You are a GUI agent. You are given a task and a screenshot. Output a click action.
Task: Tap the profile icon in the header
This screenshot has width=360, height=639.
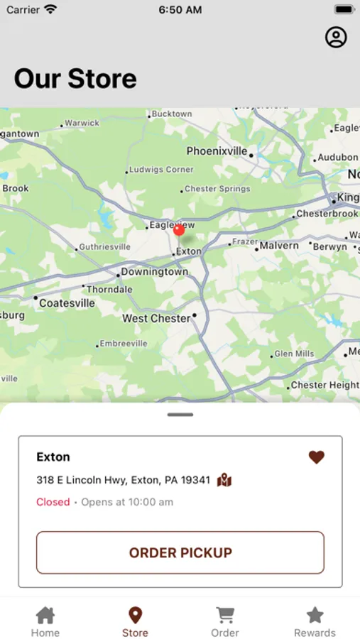point(336,38)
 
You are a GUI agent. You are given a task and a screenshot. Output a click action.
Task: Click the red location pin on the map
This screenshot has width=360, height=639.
point(179,229)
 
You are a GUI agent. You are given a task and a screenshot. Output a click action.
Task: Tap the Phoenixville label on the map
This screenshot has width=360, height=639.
point(217,151)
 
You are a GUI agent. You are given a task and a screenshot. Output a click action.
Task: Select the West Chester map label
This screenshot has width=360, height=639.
point(156,318)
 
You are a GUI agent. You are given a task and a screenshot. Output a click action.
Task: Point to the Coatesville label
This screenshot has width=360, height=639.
point(67,303)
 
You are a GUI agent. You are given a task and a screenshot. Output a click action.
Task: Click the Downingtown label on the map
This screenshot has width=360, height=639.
point(154,272)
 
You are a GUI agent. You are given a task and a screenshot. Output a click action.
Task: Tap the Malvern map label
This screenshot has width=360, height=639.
point(279,246)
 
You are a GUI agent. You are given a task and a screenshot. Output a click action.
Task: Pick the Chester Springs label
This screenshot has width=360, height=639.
point(217,189)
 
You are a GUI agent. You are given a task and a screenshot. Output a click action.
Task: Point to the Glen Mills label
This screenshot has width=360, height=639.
point(294,354)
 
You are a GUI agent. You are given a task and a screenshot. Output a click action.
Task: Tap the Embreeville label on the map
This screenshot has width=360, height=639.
point(124,344)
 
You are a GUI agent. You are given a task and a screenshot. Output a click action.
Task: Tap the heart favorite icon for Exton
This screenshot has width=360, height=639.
point(317,457)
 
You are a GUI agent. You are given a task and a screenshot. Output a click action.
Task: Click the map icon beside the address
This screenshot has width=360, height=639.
point(224,480)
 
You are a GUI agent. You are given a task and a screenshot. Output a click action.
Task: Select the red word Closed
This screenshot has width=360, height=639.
point(53,502)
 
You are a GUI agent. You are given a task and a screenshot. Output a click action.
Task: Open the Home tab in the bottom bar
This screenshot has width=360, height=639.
point(45,621)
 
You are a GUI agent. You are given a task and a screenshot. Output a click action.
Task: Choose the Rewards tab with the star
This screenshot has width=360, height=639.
point(315,621)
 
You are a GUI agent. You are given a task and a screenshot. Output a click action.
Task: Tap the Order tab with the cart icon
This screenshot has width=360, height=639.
point(225,621)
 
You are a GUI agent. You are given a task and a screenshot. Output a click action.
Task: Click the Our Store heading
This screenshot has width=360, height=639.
point(75,79)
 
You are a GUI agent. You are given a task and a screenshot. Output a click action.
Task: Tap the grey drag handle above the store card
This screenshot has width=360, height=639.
point(181,415)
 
